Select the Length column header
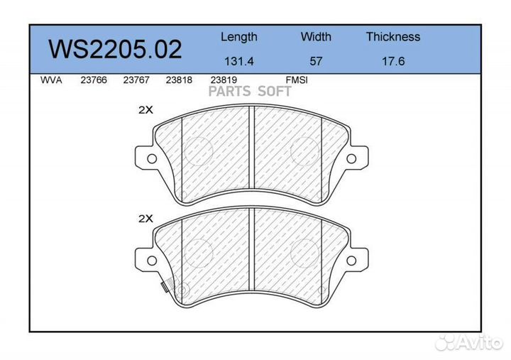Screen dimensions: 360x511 pyautogui.click(x=238, y=37)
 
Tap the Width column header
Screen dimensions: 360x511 pyautogui.click(x=316, y=37)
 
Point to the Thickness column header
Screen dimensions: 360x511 pyautogui.click(x=392, y=37)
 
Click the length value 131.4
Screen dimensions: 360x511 pyautogui.click(x=238, y=61)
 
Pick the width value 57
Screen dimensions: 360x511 pyautogui.click(x=316, y=61)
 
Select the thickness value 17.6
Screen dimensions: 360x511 pyautogui.click(x=392, y=61)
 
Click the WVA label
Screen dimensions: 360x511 pyautogui.click(x=51, y=80)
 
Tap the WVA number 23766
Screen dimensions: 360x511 pyautogui.click(x=94, y=80)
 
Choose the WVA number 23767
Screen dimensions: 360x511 pyautogui.click(x=136, y=80)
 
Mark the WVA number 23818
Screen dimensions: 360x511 pyautogui.click(x=179, y=80)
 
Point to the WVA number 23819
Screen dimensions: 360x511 pyautogui.click(x=223, y=80)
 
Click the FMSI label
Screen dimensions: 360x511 pyautogui.click(x=296, y=80)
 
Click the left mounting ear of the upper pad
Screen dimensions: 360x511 pyautogui.click(x=148, y=156)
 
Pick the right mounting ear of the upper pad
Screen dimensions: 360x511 pyautogui.click(x=356, y=156)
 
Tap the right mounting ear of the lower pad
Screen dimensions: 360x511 pyautogui.click(x=356, y=256)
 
